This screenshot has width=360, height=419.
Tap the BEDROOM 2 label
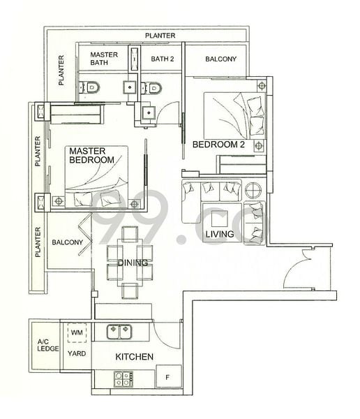tap(218, 145)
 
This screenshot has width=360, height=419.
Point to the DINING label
tap(132, 263)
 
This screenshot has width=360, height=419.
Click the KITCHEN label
tap(134, 357)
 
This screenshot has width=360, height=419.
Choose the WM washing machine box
tap(77, 331)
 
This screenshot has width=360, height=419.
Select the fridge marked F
tap(167, 378)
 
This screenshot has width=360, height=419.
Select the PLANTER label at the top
tap(160, 36)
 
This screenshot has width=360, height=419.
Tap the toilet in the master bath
tap(91, 87)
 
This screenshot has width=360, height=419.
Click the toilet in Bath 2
tap(155, 87)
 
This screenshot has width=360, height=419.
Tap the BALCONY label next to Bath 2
tap(220, 59)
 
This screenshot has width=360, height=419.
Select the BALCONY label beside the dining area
tap(67, 242)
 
